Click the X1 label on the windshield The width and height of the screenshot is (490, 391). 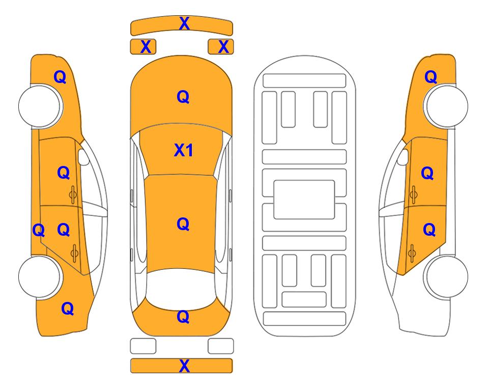tap(184, 150)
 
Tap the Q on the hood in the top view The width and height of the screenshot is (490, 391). tap(183, 97)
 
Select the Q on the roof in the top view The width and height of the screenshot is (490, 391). tap(183, 224)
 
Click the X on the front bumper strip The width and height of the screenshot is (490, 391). tap(184, 23)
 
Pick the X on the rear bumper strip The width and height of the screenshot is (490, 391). tap(184, 366)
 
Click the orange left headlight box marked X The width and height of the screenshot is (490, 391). tap(143, 47)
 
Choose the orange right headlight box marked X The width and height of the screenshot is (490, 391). tap(221, 47)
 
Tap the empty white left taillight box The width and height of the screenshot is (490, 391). tap(143, 346)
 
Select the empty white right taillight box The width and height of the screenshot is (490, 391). tap(221, 346)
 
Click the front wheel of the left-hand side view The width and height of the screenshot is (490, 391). tap(40, 106)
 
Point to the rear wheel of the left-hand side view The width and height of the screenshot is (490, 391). tap(40, 276)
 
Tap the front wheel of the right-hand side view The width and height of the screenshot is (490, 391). tap(446, 106)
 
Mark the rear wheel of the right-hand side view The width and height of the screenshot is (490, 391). tap(446, 276)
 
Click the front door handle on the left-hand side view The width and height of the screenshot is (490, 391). tap(73, 194)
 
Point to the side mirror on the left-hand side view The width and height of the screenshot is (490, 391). tap(83, 157)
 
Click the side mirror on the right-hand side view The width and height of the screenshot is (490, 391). tap(402, 157)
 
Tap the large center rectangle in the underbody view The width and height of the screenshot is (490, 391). tap(304, 200)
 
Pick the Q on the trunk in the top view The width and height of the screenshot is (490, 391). tap(183, 317)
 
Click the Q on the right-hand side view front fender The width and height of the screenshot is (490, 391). tap(430, 77)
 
